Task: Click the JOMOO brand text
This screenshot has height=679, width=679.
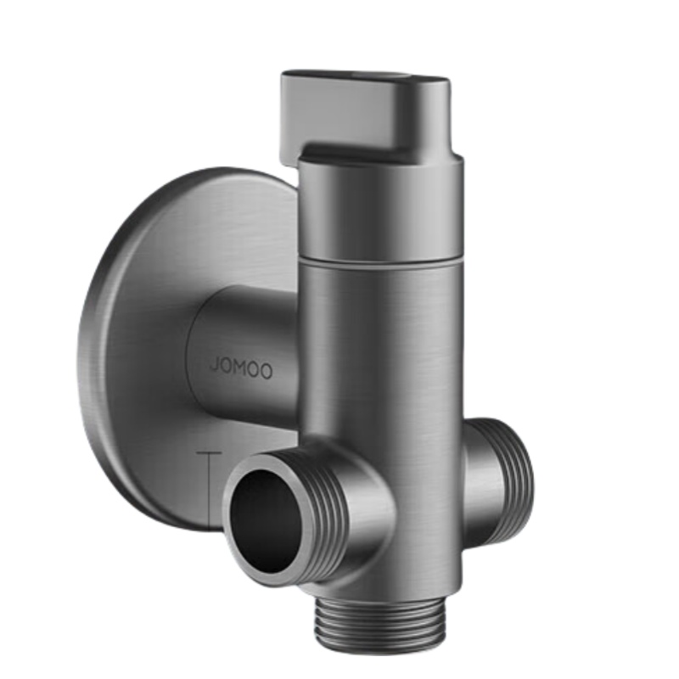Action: coord(241,368)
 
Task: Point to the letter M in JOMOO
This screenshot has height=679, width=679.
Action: coord(241,368)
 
